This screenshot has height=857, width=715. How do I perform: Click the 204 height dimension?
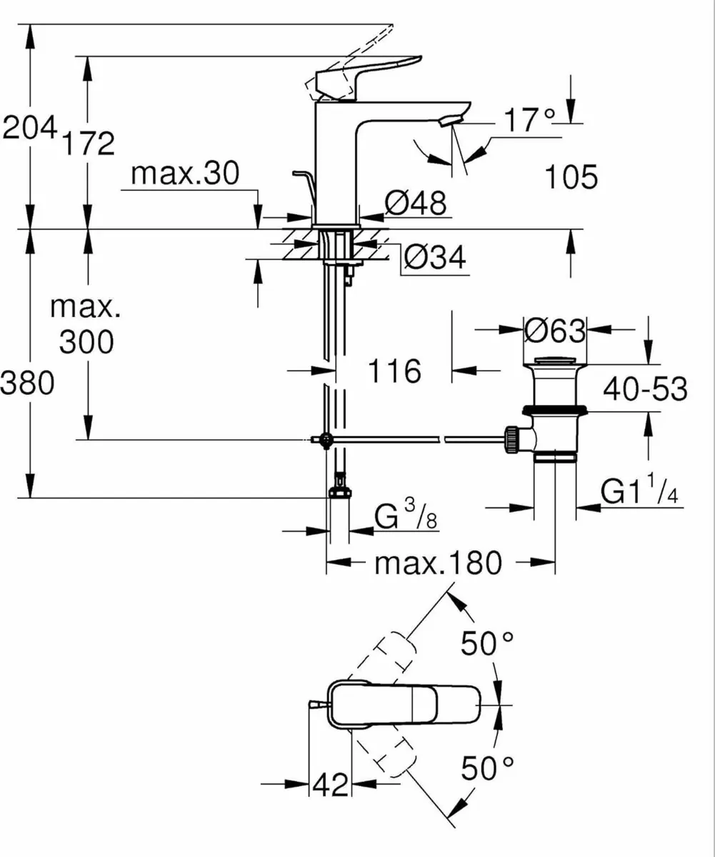[29, 129]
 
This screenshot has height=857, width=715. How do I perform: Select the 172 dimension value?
[89, 144]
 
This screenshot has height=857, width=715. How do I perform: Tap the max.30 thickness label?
[186, 174]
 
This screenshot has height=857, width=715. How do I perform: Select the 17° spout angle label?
[527, 121]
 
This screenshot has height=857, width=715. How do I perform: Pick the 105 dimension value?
[571, 177]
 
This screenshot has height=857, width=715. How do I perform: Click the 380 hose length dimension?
[27, 384]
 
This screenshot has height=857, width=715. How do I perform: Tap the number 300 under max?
[86, 344]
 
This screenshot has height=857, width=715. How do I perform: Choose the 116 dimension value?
[394, 371]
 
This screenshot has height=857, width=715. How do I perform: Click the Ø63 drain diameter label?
[554, 331]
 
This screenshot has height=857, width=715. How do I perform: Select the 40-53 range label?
[645, 390]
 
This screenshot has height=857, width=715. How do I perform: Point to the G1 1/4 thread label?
[639, 492]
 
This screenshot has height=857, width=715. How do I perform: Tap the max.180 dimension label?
[439, 563]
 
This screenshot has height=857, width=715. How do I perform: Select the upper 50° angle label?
[488, 644]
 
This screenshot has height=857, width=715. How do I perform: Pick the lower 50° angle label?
[488, 769]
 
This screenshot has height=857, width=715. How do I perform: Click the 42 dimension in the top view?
[331, 785]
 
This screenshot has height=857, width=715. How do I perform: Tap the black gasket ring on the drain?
[554, 410]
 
